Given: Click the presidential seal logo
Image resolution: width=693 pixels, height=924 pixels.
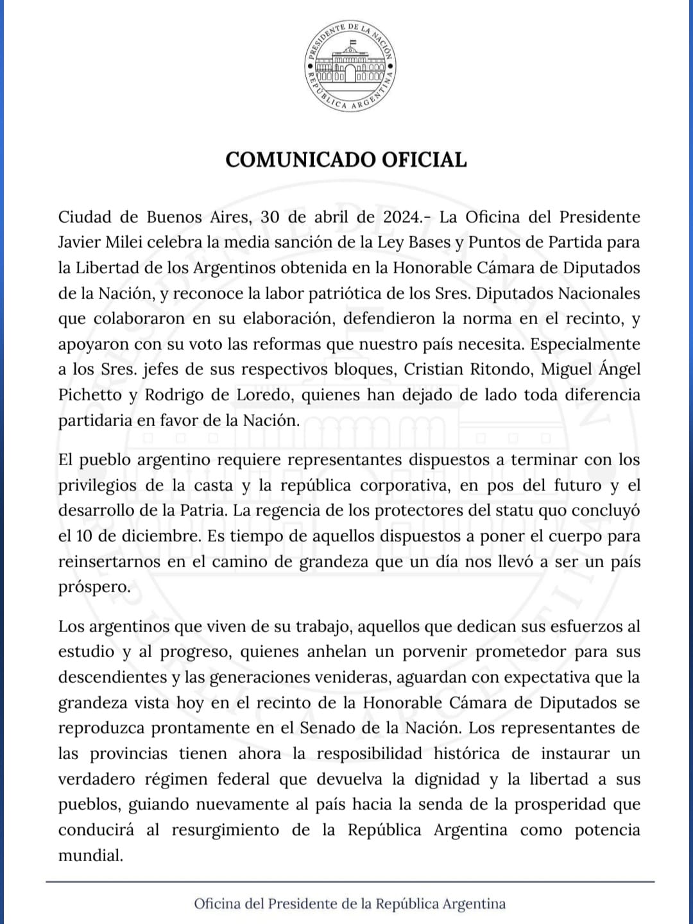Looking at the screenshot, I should (x=350, y=65).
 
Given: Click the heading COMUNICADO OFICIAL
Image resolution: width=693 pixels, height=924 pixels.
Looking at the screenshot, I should (x=346, y=160).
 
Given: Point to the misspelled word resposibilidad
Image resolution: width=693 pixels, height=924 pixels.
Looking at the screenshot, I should (x=369, y=753).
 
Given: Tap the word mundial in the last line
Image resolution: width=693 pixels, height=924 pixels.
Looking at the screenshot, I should (x=90, y=855).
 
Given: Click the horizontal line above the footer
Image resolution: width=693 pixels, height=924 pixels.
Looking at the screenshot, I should (x=350, y=882).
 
